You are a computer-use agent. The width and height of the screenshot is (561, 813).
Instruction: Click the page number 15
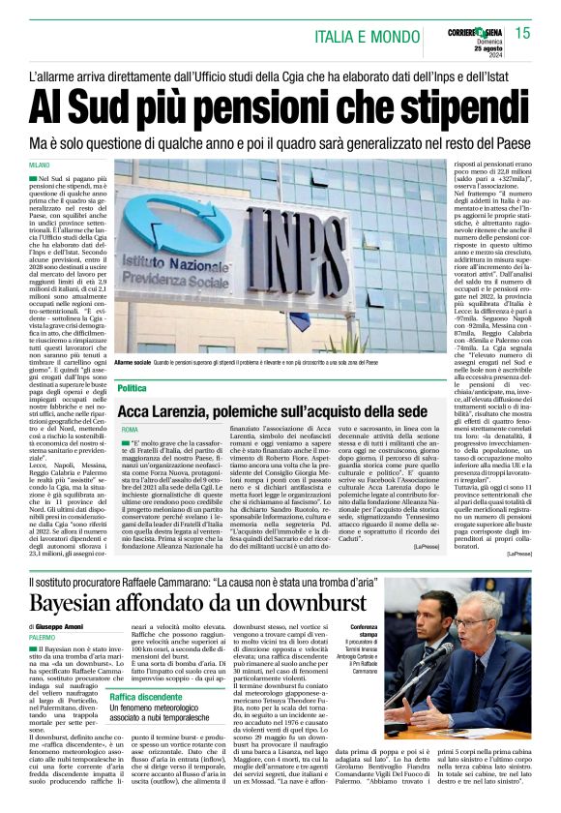[x=523, y=33]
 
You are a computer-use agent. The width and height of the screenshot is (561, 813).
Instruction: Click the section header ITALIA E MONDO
[x=369, y=35]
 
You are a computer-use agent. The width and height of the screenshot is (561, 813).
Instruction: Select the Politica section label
[x=133, y=387]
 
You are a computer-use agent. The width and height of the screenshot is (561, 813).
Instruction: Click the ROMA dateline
[x=131, y=428]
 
